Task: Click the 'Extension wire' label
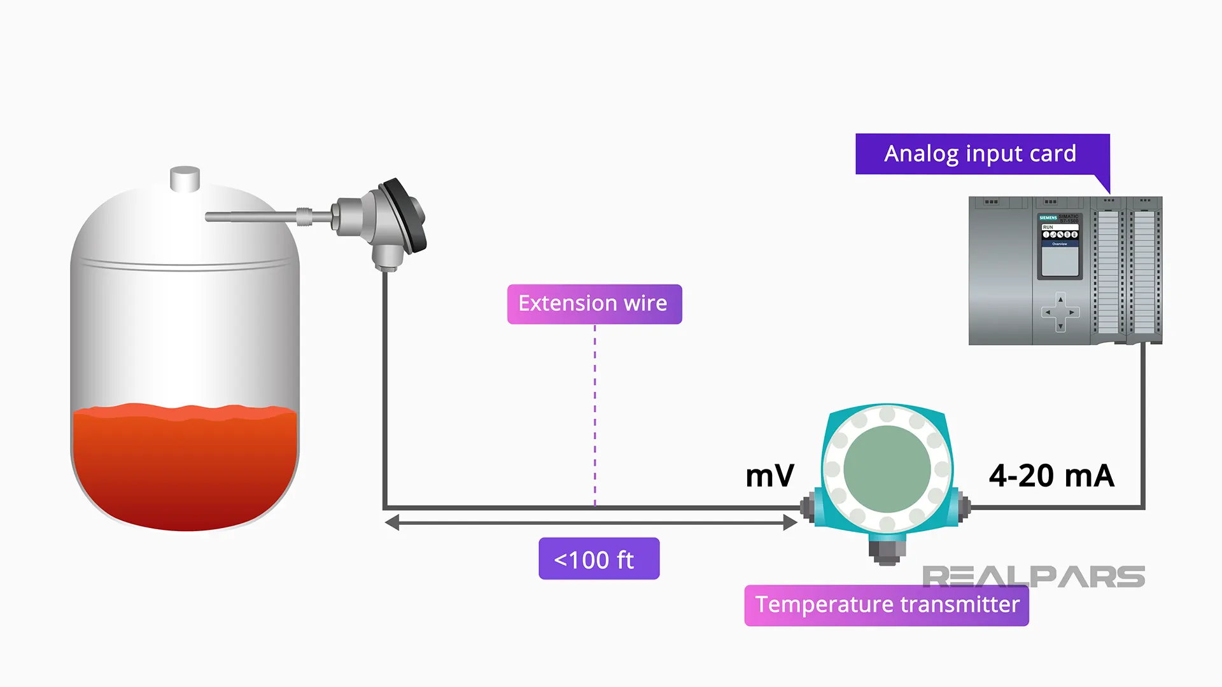(x=594, y=304)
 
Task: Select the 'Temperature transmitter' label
(x=886, y=605)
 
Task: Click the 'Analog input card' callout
(x=981, y=154)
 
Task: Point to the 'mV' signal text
(x=769, y=476)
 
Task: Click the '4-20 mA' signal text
(x=1051, y=476)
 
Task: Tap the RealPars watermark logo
(x=1033, y=576)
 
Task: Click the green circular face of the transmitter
(x=887, y=469)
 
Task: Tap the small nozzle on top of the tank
(x=185, y=179)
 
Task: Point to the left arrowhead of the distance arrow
(x=392, y=523)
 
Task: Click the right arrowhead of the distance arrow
(x=790, y=523)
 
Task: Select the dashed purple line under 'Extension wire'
(x=595, y=413)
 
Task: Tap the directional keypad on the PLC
(x=1060, y=312)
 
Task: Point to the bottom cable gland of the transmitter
(x=887, y=550)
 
